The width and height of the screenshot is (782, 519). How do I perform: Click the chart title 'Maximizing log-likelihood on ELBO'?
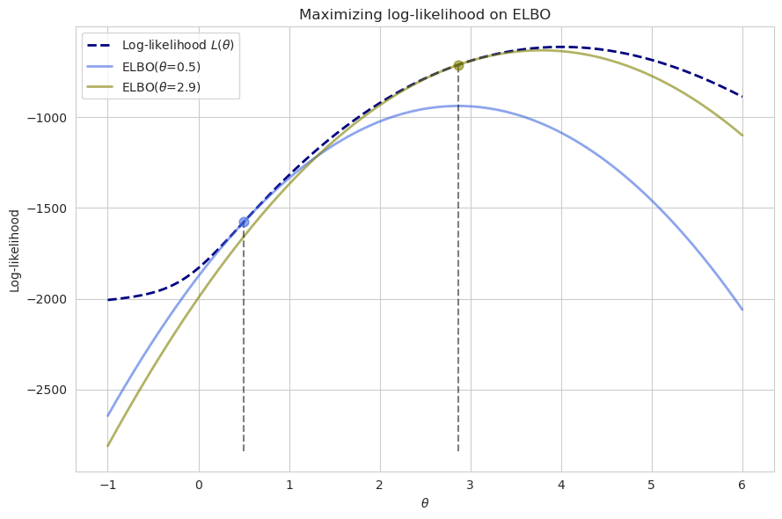425,14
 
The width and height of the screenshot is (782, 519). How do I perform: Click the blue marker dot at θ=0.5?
244,223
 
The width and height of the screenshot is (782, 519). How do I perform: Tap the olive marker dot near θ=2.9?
458,65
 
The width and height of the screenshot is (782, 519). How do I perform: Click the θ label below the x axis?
425,503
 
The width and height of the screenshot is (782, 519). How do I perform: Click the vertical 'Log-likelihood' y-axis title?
15,251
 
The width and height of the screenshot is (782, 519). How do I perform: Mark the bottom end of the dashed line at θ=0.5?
244,451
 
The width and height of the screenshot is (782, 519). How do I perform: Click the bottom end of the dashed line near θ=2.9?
458,451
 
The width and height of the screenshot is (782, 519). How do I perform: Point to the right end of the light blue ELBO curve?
742,310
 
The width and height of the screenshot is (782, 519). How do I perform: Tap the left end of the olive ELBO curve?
108,446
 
